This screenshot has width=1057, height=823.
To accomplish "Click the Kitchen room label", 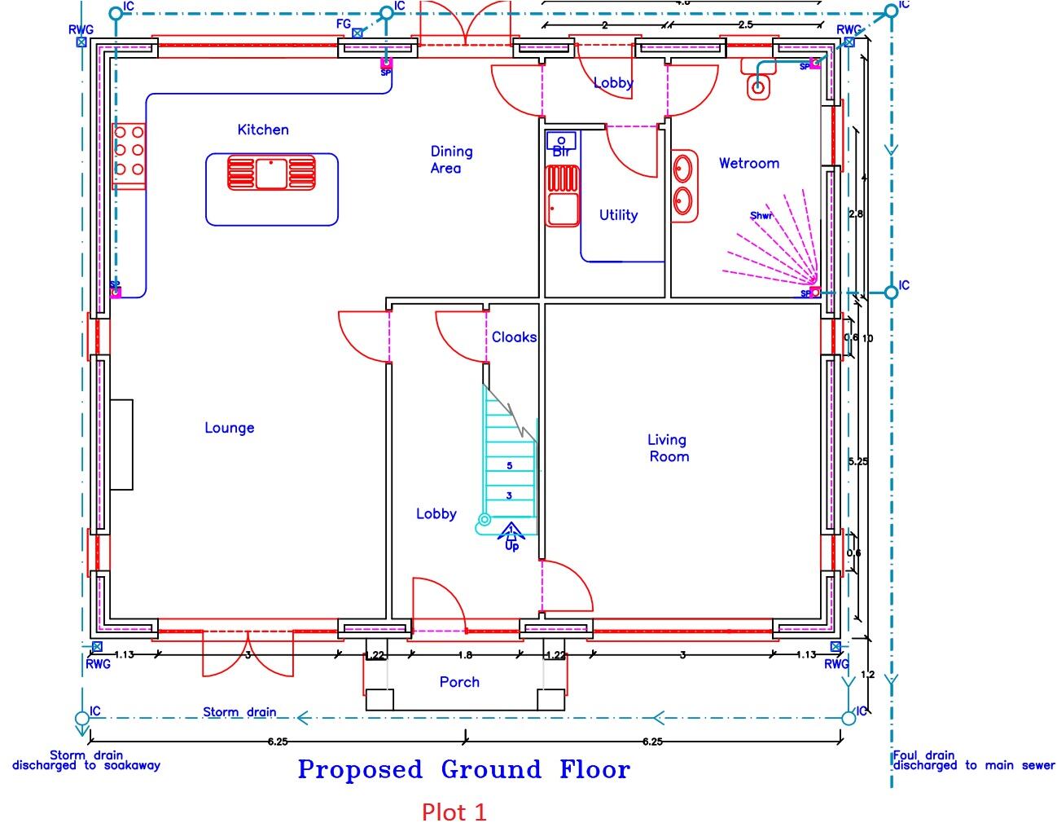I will (x=263, y=130).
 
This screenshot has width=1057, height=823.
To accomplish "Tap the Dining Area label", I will (x=450, y=160).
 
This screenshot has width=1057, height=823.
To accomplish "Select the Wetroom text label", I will (x=748, y=163).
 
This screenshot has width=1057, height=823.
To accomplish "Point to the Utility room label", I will (x=618, y=215).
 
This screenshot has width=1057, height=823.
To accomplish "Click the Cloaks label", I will (x=514, y=337).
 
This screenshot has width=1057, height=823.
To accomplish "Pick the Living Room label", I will (x=668, y=448).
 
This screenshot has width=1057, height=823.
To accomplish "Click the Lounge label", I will (x=229, y=428).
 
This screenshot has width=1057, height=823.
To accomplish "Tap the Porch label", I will (x=459, y=682).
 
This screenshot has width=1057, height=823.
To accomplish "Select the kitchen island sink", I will (x=271, y=173).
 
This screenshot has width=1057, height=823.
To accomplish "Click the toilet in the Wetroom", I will (x=758, y=86).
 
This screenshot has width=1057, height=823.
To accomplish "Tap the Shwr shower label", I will (x=761, y=216).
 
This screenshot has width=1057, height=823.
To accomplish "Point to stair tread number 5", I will (x=510, y=466).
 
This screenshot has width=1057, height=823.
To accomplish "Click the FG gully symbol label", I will (x=344, y=24).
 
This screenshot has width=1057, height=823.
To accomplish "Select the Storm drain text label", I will (x=239, y=712).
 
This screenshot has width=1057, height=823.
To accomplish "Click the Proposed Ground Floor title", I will (x=463, y=769).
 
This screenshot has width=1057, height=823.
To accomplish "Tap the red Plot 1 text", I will (x=454, y=812).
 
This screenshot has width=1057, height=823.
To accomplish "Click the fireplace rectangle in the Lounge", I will (x=121, y=444).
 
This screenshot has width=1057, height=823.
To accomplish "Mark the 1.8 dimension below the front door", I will (x=465, y=654).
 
